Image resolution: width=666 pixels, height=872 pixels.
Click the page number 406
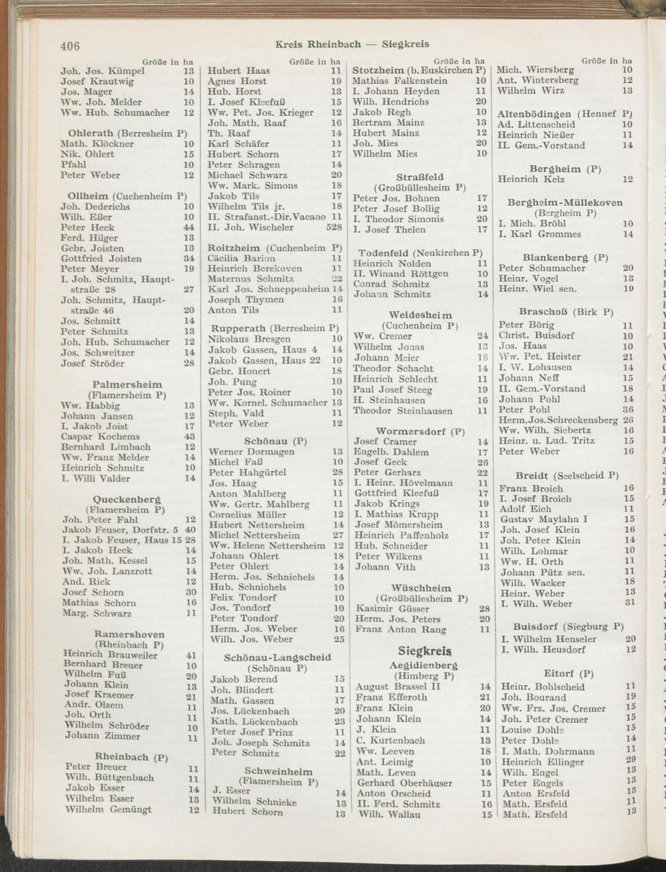tap(70, 46)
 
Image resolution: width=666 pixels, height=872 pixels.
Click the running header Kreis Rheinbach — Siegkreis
tap(352, 45)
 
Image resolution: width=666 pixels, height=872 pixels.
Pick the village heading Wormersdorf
tap(410, 431)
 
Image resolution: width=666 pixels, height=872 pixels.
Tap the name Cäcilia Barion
tap(241, 258)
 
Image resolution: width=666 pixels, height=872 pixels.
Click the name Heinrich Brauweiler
tap(111, 655)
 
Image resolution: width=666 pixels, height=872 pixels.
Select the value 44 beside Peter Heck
tap(188, 228)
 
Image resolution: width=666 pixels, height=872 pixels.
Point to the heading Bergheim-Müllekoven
tap(565, 203)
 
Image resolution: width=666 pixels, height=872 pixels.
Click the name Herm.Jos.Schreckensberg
tap(558, 420)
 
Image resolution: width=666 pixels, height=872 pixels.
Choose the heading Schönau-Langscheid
tap(277, 657)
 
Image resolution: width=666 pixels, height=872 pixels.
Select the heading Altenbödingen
tap(535, 114)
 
